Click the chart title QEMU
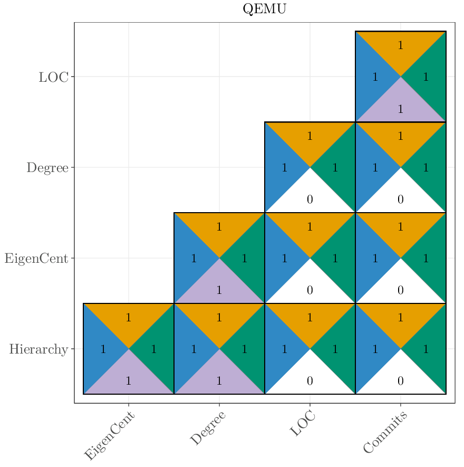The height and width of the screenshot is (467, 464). pos(264,9)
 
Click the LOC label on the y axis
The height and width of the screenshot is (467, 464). pos(53,77)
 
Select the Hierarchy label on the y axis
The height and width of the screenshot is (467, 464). pos(38,349)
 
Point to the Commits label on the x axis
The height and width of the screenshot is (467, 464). pos(385,433)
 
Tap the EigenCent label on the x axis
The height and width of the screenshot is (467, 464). pos(110,436)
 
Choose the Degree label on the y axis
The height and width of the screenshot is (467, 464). pos(47,168)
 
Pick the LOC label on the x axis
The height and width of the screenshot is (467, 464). pos(303,424)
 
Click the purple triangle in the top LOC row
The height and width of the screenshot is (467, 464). pos(401,106)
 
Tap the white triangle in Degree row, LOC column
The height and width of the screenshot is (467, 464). pos(310,197)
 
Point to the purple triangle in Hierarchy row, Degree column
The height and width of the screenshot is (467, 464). pos(219,378)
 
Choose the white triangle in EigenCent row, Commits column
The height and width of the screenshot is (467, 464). pos(401,288)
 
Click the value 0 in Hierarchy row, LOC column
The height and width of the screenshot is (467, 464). pos(310,381)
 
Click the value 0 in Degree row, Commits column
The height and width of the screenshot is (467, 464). pos(401,199)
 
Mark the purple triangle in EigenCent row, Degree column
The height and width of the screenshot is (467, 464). pos(219,288)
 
